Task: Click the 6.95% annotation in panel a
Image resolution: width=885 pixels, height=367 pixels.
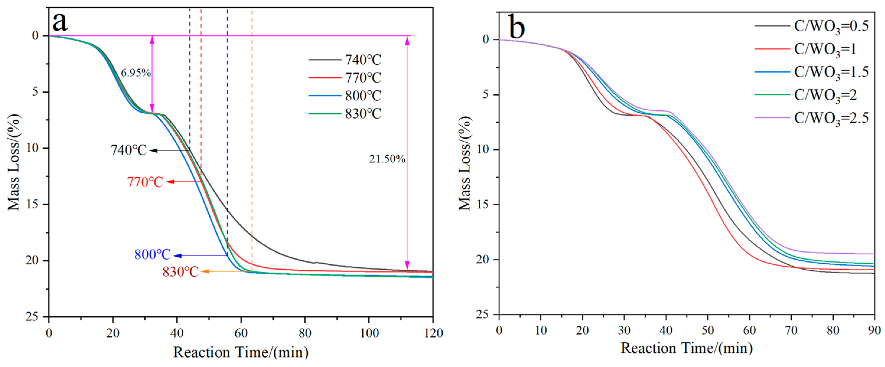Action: tap(136, 73)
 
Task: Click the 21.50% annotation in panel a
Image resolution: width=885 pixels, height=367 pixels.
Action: tap(387, 159)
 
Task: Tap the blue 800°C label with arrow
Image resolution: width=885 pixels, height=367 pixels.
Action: tap(152, 255)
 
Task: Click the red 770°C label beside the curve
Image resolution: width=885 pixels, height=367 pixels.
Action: tap(145, 182)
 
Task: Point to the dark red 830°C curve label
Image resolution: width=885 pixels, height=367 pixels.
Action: tap(180, 272)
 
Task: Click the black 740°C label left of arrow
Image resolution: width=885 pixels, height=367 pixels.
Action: tap(128, 150)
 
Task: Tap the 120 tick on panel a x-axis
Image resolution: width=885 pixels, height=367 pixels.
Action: tap(433, 333)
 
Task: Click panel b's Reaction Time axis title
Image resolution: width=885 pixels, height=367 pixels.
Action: tap(687, 348)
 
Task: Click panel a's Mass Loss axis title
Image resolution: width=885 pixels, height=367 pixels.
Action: tap(14, 162)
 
